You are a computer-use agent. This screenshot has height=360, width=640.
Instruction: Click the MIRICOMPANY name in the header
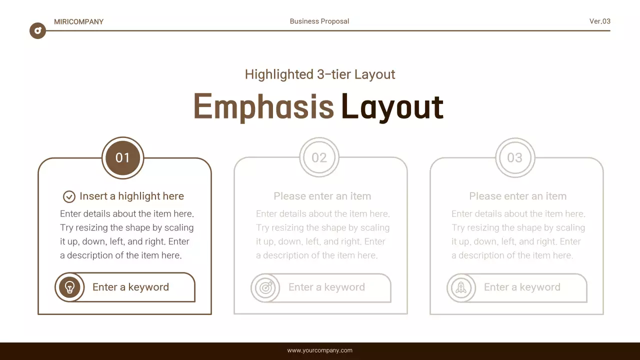tap(78, 21)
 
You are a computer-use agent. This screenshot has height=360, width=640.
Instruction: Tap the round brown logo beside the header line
tap(37, 31)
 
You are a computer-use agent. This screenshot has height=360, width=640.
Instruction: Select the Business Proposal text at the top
tap(319, 21)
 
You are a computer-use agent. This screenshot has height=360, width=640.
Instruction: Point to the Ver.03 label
tap(599, 21)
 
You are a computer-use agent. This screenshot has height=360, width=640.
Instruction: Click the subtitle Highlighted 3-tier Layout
tap(320, 74)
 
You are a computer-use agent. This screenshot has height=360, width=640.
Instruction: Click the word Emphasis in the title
tap(263, 106)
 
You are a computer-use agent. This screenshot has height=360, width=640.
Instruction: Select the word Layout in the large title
tap(392, 106)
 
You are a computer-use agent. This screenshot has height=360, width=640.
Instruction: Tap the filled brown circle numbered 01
tap(122, 158)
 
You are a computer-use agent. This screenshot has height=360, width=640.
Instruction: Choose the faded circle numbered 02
tap(319, 158)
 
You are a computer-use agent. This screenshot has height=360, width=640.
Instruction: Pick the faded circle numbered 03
tap(514, 158)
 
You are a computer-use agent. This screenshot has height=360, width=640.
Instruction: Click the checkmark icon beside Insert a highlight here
tap(69, 196)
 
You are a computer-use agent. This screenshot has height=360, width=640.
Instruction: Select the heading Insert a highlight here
tap(131, 196)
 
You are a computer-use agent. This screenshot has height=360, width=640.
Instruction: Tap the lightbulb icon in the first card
tap(69, 287)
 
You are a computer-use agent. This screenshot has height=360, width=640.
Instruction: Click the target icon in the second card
tap(265, 287)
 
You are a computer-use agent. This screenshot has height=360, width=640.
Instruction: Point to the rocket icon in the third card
tap(461, 287)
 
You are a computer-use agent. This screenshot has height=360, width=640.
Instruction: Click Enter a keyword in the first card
tap(130, 287)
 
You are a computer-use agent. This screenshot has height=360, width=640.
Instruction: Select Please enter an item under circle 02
tap(322, 196)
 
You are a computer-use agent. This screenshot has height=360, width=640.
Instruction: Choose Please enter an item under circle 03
tap(517, 196)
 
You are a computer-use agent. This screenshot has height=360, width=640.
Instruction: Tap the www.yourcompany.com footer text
tap(319, 350)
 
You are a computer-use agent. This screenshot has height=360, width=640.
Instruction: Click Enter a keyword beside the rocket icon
tap(522, 287)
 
